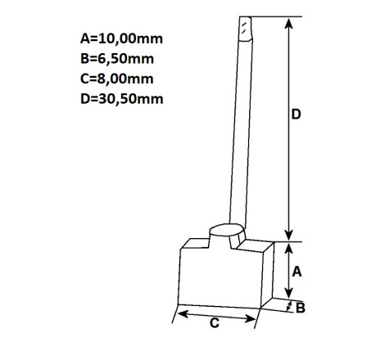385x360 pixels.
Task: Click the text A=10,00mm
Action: tap(121, 38)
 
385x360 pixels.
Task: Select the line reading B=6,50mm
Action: tap(117, 59)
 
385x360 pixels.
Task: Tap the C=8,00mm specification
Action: tap(117, 79)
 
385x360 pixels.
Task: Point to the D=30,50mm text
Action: tap(122, 98)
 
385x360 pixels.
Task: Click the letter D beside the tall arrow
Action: tap(297, 114)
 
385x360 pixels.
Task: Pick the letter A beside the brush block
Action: tap(297, 272)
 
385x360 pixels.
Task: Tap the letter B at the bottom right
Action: tap(301, 308)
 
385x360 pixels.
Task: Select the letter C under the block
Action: tap(215, 323)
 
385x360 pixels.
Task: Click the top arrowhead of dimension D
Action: tap(288, 23)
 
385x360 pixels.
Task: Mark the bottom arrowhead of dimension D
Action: tap(288, 236)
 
